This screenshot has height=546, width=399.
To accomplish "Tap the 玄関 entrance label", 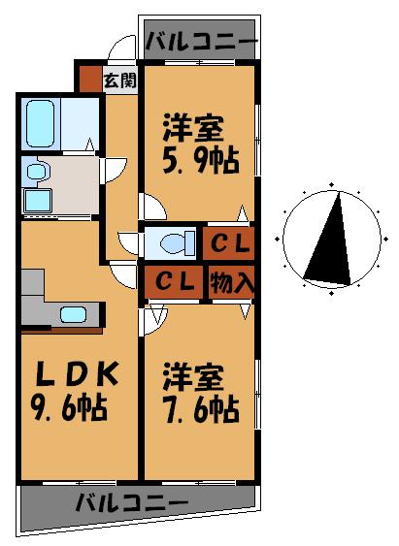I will coord(119,79).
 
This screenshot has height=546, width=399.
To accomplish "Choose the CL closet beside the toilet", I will coord(229,242).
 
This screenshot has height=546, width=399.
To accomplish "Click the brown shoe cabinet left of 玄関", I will coord(89,79).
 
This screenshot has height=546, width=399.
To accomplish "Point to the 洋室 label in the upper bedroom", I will coord(193,126).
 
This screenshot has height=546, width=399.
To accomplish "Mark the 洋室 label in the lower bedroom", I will coord(193,374).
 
